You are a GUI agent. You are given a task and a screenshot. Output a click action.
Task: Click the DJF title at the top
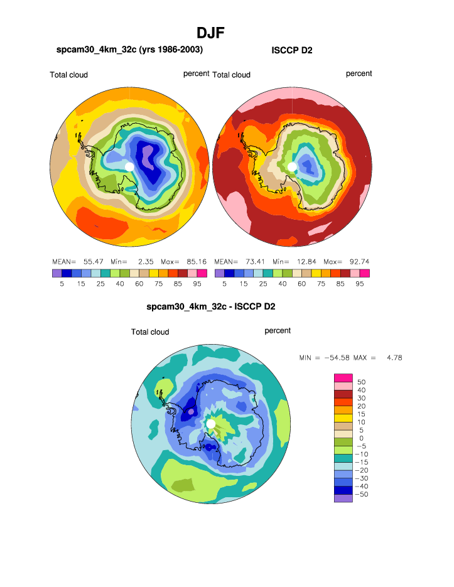210,33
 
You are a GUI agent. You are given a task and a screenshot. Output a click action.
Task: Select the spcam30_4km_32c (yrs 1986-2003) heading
129,50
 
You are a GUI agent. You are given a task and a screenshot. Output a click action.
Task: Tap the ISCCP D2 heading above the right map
292,50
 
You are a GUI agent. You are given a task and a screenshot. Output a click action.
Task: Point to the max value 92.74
359,261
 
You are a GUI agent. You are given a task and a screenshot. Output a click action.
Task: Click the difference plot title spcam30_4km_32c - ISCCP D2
210,307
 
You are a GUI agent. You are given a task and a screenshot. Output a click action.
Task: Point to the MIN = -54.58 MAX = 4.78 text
350,357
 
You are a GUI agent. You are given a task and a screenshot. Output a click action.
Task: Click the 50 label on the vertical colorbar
361,382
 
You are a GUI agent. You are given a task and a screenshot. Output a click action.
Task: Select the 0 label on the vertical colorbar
361,438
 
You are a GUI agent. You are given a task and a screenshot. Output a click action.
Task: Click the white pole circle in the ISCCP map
292,166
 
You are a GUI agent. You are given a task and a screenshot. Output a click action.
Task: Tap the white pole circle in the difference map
211,424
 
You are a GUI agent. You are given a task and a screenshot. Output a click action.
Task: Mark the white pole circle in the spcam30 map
129,166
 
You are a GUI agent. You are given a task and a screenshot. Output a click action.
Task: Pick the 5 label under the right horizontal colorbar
224,283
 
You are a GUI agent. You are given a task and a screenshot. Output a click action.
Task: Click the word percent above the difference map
278,331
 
